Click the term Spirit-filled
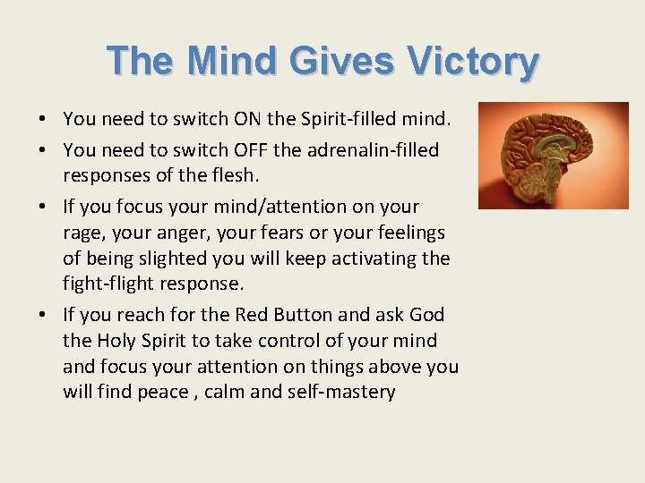pyautogui.click(x=352, y=119)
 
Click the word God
pyautogui.click(x=426, y=315)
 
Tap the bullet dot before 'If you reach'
pyautogui.click(x=43, y=315)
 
